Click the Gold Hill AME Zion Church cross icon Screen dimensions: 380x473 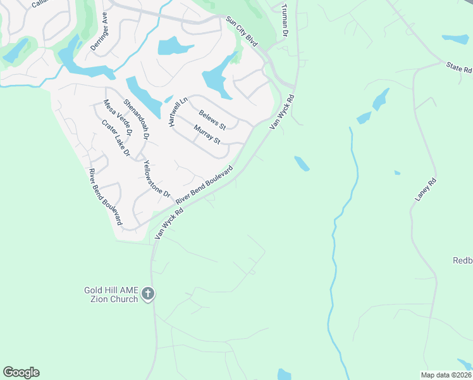[x=148, y=294]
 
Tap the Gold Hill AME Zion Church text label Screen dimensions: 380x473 [x=111, y=294]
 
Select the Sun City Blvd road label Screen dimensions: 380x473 [x=243, y=32]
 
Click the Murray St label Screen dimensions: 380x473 [x=207, y=135]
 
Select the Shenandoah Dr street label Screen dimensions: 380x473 [x=136, y=119]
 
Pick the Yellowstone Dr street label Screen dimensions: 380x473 [x=157, y=178]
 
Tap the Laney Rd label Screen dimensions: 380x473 [x=426, y=190]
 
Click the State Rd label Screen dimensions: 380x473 [x=459, y=67]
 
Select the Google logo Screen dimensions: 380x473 [x=21, y=372]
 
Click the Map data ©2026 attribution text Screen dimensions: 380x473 [x=446, y=375]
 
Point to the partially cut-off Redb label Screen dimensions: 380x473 [x=462, y=260]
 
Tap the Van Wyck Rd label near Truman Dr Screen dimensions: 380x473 [x=283, y=113]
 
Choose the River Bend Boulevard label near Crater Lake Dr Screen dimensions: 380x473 [x=105, y=197]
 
